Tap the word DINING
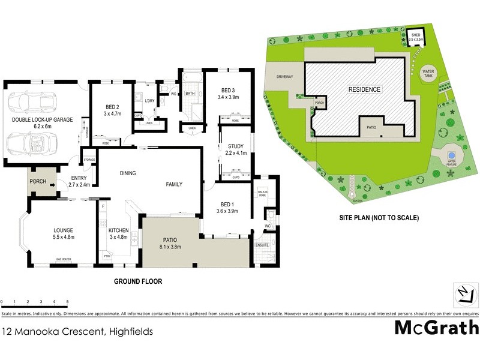[x=127, y=173]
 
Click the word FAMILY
[x=174, y=184]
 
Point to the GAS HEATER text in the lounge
[x=64, y=259]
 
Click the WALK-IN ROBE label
[x=262, y=193]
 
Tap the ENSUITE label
[x=262, y=245]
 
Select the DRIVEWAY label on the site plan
[x=284, y=77]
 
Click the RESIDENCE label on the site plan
[x=364, y=89]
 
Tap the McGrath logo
[x=436, y=328]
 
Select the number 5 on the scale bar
[x=67, y=301]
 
